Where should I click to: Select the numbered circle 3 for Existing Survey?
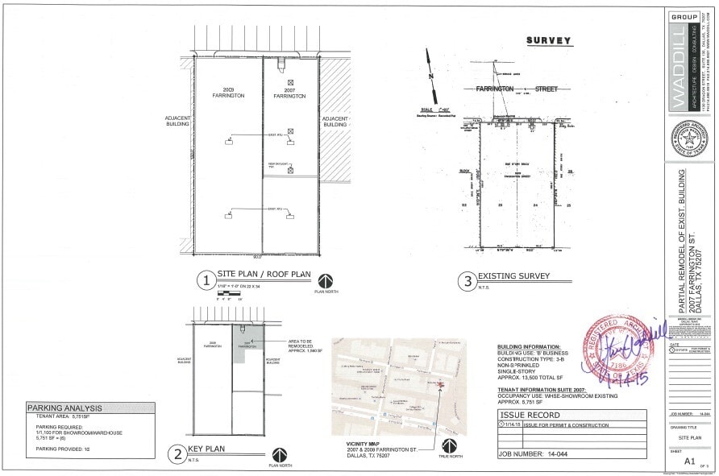pos(468,281)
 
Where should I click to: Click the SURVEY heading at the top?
pos(548,40)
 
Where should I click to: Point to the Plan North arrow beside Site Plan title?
pos(326,281)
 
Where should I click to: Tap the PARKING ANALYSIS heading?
pos(65,408)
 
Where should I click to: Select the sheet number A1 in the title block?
pos(689,462)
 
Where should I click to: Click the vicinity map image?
pos(398,387)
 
